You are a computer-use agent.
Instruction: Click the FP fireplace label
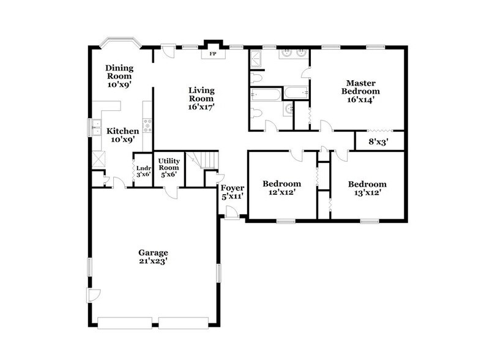coord(213,54)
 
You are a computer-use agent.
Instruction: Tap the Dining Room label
coord(119,77)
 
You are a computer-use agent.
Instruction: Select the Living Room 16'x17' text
coord(201,98)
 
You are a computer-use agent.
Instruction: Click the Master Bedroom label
coord(360,91)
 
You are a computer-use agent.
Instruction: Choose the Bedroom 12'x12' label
coord(281,188)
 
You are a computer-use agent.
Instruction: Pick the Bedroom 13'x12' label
coord(367,188)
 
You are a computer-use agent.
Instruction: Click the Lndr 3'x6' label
coord(143,171)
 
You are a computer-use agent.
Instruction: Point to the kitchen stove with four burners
coord(147,126)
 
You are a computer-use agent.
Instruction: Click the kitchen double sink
coord(96,128)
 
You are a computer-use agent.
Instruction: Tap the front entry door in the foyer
coord(231,212)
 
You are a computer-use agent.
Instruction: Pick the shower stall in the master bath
coord(256,58)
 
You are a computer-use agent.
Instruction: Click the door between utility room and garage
coord(174,192)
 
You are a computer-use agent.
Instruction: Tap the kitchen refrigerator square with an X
coord(98,160)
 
